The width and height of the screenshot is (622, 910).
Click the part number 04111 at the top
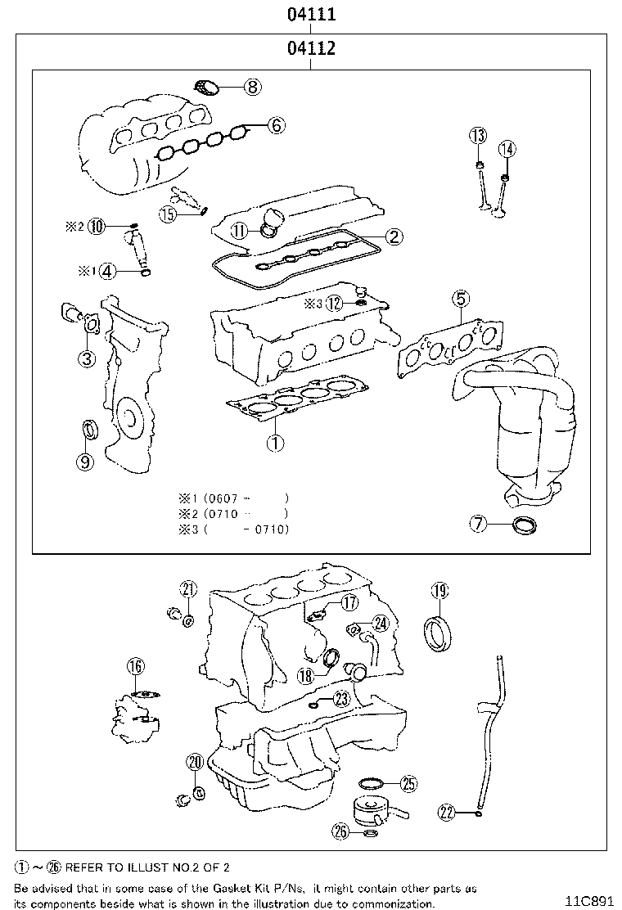tap(310, 14)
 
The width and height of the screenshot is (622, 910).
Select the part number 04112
tap(310, 49)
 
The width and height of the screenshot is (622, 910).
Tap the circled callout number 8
tap(251, 86)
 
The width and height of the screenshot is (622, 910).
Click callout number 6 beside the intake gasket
tap(276, 125)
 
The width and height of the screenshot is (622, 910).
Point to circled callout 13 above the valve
tap(478, 136)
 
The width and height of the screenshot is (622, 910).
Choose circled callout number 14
tap(507, 148)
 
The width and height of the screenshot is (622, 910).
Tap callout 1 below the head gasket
tap(275, 444)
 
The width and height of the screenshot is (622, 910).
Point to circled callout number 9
tap(85, 461)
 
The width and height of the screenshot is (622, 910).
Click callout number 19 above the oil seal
tap(439, 592)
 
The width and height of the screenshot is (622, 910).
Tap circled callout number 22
tap(446, 812)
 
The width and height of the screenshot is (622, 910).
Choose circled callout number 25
tap(408, 784)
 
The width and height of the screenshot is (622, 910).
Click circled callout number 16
tap(135, 666)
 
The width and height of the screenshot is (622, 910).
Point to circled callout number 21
tap(189, 589)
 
